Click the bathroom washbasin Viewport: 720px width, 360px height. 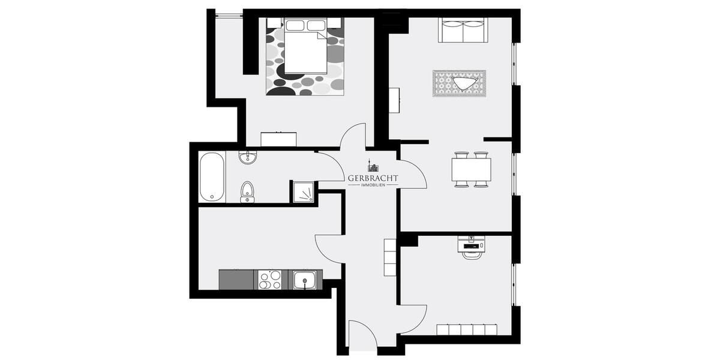247,158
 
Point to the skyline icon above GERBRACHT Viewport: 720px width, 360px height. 372,166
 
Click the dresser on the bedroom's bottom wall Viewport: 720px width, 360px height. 278,139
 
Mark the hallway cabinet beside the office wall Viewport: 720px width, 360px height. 391,257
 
